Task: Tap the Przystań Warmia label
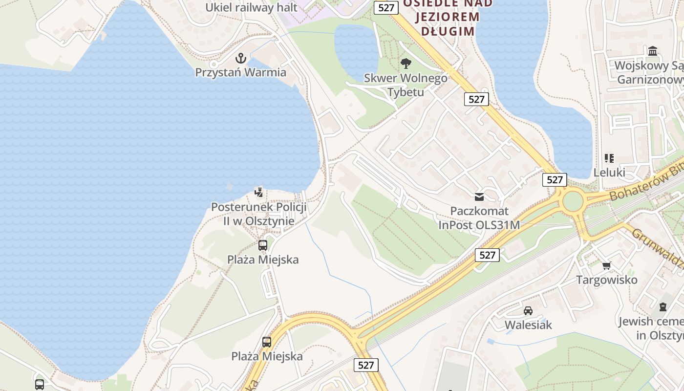240,72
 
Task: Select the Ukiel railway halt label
251,7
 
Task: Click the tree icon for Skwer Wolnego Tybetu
405,64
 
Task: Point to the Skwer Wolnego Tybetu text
406,85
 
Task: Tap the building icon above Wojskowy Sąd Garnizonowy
653,51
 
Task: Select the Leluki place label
609,173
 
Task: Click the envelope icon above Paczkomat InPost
479,197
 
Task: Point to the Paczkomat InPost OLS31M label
479,218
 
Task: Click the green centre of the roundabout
573,201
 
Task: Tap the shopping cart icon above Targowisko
607,265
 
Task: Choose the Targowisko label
607,280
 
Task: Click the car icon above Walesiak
528,310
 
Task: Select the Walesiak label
528,325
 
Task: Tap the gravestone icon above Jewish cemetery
663,307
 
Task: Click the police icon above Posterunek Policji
258,192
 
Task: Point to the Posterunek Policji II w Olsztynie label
258,214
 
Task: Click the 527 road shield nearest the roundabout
555,180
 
